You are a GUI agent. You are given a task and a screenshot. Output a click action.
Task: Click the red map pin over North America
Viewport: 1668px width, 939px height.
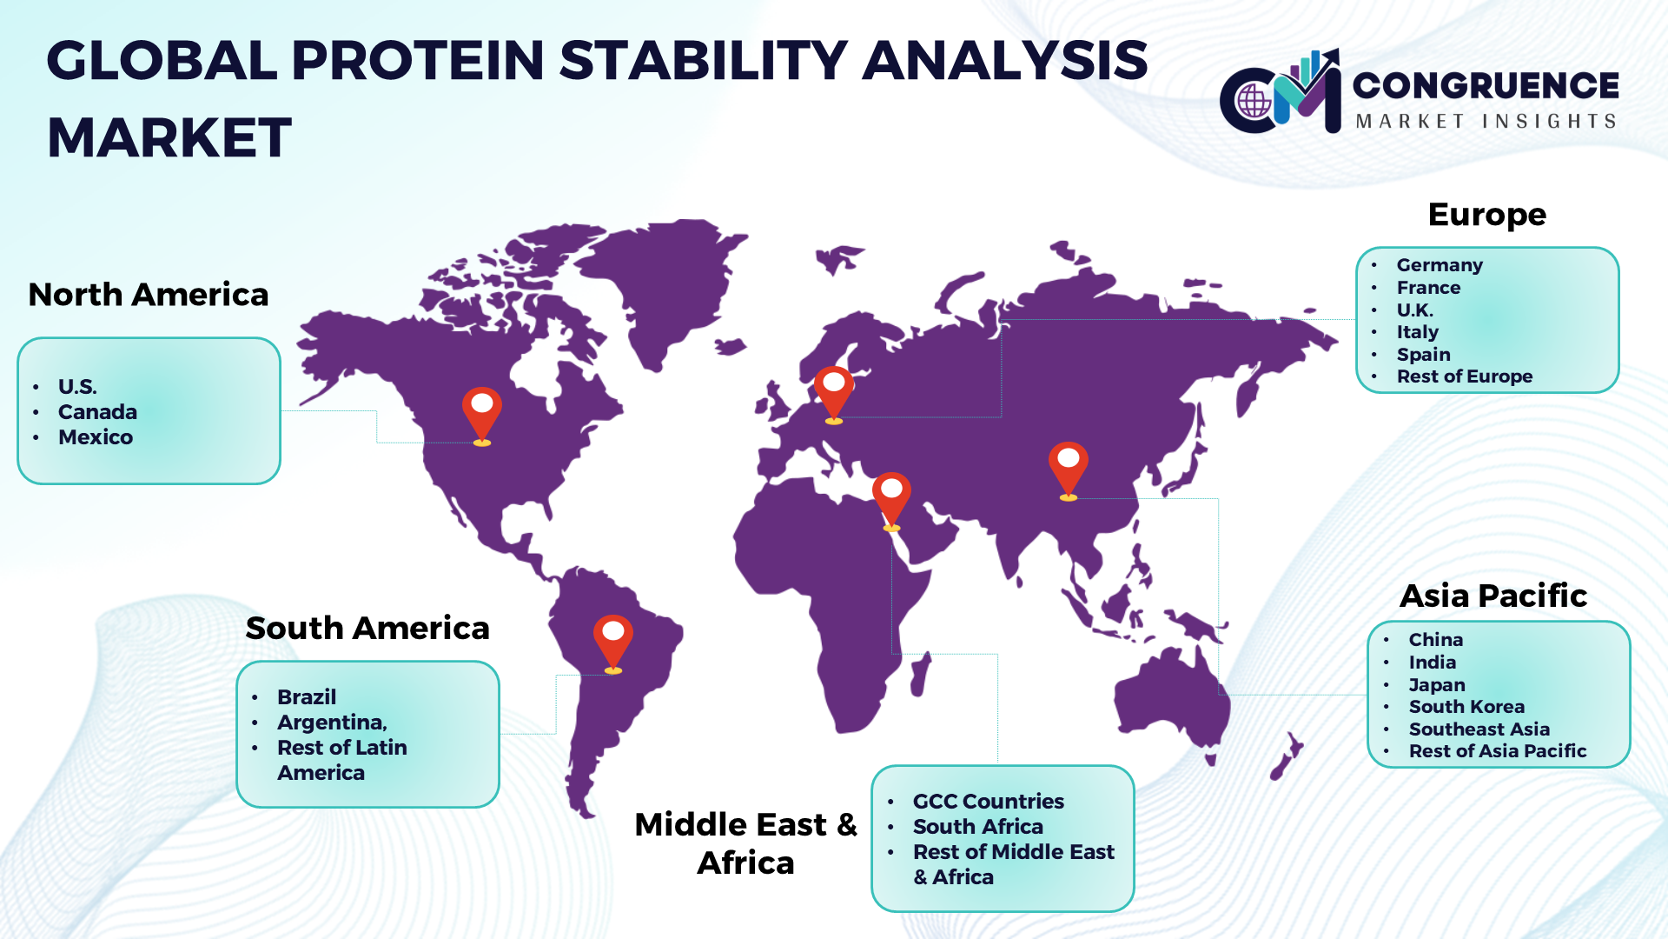tap(482, 416)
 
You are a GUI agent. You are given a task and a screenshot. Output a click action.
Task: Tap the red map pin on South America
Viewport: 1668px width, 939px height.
tap(613, 643)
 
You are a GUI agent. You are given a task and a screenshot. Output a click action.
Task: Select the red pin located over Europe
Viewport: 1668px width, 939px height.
tap(834, 394)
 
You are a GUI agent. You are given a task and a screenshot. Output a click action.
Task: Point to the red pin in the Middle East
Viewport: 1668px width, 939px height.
tap(891, 500)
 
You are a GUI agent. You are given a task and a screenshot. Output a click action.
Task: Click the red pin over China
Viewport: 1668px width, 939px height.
tap(1069, 470)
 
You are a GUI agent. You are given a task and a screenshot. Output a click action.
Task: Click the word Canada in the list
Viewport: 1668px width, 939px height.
tap(97, 412)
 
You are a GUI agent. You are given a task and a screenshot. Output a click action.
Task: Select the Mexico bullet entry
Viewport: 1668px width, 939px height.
tap(96, 437)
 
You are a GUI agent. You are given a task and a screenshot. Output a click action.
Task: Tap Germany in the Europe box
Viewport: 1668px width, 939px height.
tap(1440, 265)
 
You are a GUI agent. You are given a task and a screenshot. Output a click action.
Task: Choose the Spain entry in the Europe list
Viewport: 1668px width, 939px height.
tap(1424, 355)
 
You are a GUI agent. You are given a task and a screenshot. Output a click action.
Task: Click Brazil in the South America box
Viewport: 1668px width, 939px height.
tap(307, 697)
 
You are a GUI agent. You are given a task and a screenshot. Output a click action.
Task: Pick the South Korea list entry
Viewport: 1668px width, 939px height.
tap(1466, 707)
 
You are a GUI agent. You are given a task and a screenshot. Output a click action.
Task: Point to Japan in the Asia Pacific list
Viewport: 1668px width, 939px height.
tap(1437, 685)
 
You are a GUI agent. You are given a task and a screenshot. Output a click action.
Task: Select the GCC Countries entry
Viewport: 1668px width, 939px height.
tap(988, 802)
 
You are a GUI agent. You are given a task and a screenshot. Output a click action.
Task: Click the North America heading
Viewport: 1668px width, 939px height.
tap(149, 295)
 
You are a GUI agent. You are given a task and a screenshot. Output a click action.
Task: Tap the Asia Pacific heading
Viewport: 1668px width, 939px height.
tap(1493, 596)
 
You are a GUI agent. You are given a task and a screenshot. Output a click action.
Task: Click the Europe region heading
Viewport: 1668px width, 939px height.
tap(1487, 215)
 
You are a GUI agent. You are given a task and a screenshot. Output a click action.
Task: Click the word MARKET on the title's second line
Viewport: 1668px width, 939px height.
tap(169, 137)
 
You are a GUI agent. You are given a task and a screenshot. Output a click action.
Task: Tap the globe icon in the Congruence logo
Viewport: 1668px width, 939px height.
tap(1254, 101)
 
